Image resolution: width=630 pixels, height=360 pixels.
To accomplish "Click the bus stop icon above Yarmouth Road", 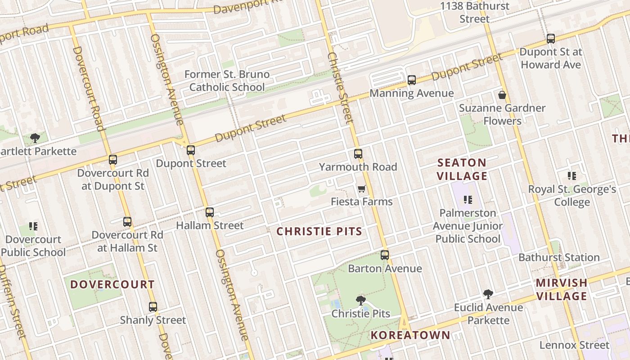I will [x=358, y=154].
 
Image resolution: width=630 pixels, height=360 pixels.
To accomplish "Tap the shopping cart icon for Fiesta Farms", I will [x=361, y=189].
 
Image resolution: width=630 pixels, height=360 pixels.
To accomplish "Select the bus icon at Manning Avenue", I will [x=412, y=80].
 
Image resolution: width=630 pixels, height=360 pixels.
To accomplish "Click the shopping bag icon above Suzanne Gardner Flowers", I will [x=502, y=95].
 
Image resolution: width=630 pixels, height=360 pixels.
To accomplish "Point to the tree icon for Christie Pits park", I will [x=360, y=301].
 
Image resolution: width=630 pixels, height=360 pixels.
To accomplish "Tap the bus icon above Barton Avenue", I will [x=385, y=255].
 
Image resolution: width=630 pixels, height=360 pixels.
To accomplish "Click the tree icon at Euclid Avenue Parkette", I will [x=488, y=294].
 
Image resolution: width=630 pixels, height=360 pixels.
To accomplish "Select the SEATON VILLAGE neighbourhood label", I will [x=462, y=169].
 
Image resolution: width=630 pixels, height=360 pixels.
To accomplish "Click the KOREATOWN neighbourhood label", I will [x=410, y=335].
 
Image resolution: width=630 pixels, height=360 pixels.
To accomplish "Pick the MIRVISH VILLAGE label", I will [x=562, y=289].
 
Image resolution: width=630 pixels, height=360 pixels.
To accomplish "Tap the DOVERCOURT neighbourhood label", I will [x=112, y=284].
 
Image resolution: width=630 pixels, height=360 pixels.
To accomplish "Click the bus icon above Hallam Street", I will [x=210, y=212].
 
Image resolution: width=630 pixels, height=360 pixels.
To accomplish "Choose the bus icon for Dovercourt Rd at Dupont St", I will [x=113, y=160].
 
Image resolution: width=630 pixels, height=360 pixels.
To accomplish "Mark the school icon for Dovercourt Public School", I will [x=33, y=226].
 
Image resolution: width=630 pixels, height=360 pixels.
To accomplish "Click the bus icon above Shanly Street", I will [x=153, y=307].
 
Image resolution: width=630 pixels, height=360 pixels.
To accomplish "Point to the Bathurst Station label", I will [x=559, y=257].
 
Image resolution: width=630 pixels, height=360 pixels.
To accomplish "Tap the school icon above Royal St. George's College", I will [x=572, y=176].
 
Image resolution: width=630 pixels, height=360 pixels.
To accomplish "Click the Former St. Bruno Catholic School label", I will [x=227, y=81].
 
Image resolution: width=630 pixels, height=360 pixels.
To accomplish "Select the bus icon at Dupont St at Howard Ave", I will [x=551, y=39].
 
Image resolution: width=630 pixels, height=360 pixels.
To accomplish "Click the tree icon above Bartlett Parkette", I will [x=35, y=138].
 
